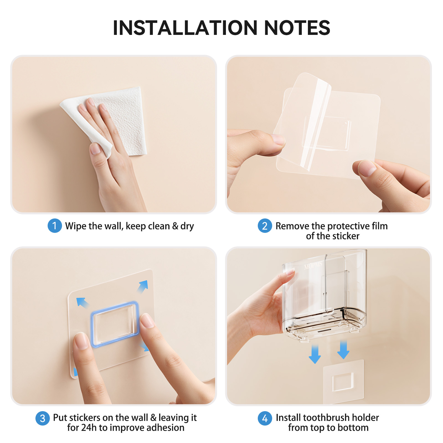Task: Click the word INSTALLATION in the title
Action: coord(185,28)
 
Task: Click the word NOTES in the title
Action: coord(297,28)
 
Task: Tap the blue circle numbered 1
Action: coord(55,226)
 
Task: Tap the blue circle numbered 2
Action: coord(265,226)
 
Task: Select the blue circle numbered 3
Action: coord(43,418)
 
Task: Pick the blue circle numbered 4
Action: coord(265,418)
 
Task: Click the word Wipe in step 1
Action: coord(76,226)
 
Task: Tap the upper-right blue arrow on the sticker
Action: coord(143,286)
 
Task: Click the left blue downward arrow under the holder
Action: coord(315,354)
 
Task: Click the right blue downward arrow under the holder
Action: coord(343,350)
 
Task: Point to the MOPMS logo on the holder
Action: coord(313,265)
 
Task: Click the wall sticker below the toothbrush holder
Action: coord(343,382)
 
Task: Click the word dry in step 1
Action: coord(187,227)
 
